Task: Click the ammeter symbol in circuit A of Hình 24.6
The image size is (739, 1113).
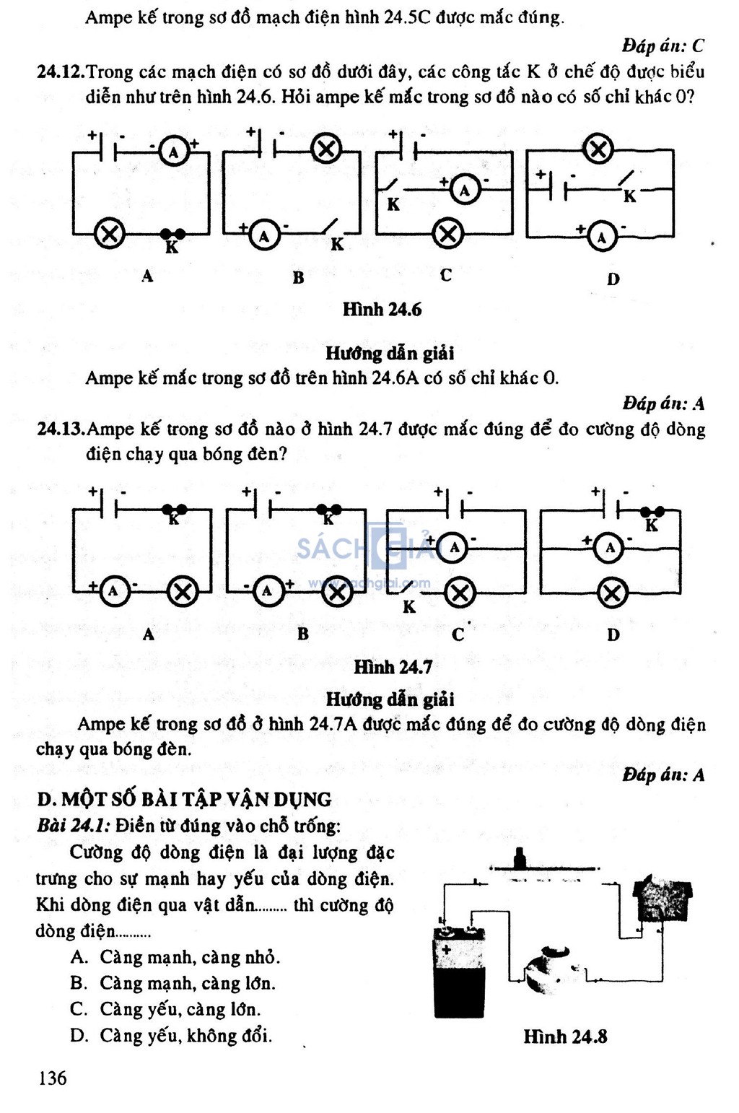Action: (174, 152)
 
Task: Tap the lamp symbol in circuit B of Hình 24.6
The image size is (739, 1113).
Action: (326, 149)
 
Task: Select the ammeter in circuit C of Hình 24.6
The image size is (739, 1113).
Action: (465, 190)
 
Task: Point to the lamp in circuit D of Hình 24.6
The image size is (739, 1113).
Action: (598, 149)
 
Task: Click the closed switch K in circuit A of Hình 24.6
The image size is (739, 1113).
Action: (172, 234)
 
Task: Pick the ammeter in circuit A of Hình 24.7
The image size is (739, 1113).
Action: (114, 591)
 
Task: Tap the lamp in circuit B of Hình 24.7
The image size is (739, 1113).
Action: (337, 592)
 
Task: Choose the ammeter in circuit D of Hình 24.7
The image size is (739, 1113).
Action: (609, 548)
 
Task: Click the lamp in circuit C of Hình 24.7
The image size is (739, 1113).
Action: (460, 593)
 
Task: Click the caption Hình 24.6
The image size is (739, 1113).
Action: (382, 310)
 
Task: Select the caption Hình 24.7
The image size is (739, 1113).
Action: (393, 667)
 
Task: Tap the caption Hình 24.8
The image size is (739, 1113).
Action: (565, 1036)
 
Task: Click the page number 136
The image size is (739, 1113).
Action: (52, 1078)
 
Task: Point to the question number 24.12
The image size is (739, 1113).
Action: (61, 73)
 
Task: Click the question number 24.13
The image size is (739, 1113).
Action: (61, 429)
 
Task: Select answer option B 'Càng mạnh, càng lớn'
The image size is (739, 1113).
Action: (172, 983)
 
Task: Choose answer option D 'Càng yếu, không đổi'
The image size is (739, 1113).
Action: (171, 1036)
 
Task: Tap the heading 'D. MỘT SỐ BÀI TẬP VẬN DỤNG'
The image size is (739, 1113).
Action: (184, 799)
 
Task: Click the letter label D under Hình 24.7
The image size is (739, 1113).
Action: (613, 634)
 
